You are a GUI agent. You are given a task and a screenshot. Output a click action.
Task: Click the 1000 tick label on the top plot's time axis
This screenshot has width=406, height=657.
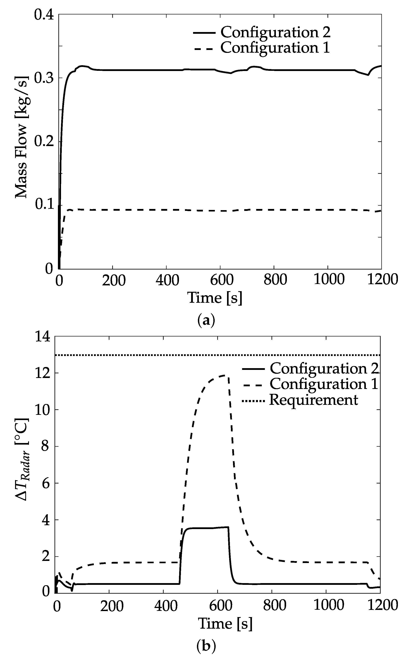point(329,279)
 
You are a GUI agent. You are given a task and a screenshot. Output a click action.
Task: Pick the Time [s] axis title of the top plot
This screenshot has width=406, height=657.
point(215,298)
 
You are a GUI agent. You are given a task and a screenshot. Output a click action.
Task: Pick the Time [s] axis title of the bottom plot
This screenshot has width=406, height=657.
point(225,623)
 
